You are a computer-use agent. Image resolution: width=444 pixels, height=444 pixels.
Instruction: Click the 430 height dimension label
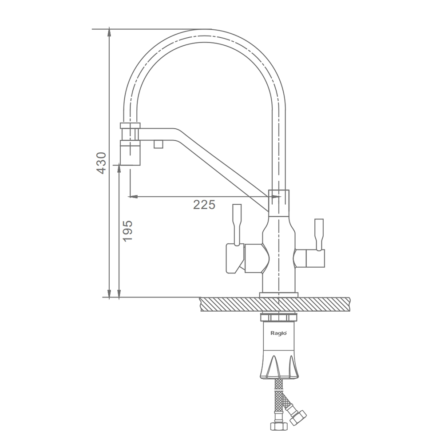click(101, 163)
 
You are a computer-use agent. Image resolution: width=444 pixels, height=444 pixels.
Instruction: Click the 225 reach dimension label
click(204, 204)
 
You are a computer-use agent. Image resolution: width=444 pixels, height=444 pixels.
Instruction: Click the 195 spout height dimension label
click(128, 231)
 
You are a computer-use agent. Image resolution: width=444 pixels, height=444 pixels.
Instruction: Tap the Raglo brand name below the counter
click(279, 333)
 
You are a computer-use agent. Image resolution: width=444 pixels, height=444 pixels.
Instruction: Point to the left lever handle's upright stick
click(237, 224)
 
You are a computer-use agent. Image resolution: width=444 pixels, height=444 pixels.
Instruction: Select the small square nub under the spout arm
click(159, 144)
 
